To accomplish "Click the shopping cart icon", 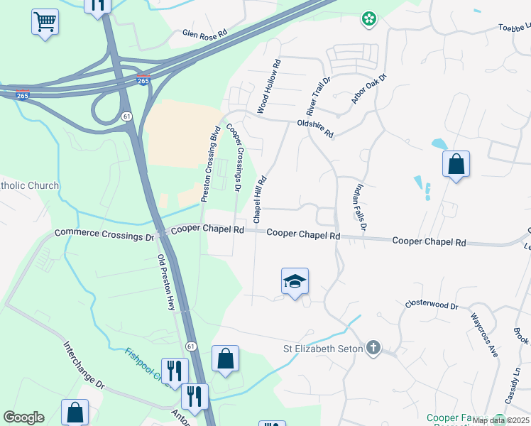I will click(x=45, y=22).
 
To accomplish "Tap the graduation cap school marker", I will click(x=295, y=282).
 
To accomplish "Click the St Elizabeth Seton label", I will click(x=322, y=348).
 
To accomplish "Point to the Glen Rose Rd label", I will click(x=204, y=33).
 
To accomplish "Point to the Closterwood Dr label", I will click(x=432, y=304).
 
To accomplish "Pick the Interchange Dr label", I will click(x=84, y=366).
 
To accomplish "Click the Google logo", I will click(x=23, y=417).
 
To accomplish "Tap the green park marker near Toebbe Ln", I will click(x=368, y=19).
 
